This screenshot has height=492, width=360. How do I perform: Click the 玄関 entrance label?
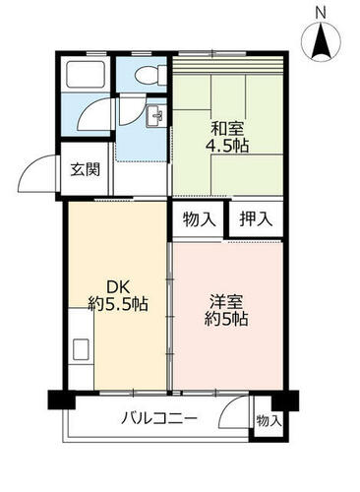86,169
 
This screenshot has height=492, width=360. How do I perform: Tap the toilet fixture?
150,75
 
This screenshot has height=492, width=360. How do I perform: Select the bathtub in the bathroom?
86,74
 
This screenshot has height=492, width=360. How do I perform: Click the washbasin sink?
155,116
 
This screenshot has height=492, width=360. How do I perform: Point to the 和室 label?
227,128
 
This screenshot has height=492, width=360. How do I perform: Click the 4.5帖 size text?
227,146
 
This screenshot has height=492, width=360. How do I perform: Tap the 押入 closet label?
256,218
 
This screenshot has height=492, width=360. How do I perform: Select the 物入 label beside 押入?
200,218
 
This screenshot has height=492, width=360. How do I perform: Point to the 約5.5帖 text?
118,304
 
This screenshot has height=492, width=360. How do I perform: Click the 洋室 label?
226,302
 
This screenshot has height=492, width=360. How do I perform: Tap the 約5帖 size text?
226,319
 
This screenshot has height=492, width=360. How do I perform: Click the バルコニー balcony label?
159,418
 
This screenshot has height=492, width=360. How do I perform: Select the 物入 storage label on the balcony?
269,421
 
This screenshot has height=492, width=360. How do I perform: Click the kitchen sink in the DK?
81,349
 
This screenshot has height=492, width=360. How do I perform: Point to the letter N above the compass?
321,13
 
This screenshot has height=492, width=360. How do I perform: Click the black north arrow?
321,42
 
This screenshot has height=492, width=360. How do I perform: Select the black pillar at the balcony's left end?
61,400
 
